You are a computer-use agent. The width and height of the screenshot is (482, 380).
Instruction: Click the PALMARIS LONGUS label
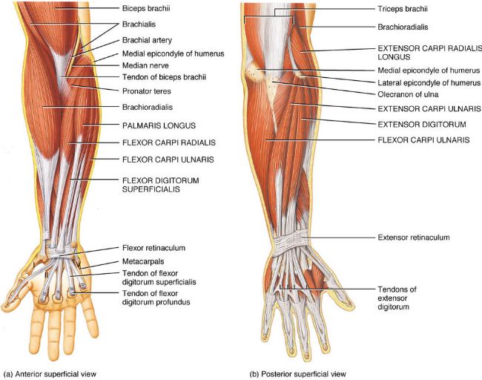(x=154, y=126)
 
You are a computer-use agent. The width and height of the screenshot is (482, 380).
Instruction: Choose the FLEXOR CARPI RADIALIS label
(x=165, y=142)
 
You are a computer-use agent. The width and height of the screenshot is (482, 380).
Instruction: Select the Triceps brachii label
(x=403, y=10)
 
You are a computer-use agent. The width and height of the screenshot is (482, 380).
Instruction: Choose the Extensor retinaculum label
(x=413, y=237)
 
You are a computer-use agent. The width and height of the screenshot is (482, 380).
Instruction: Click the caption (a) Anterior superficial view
(x=50, y=373)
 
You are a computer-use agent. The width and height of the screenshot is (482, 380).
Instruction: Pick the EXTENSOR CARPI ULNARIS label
(x=420, y=108)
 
